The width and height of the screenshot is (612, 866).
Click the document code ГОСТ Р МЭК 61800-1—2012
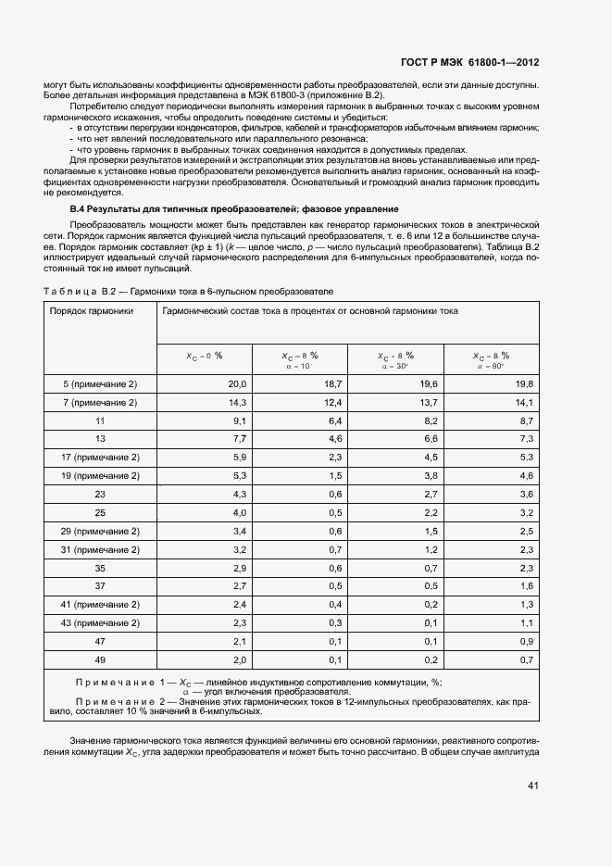[x=469, y=63]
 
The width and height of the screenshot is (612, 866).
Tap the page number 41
[x=531, y=785]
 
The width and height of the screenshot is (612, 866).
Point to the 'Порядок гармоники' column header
[x=92, y=312]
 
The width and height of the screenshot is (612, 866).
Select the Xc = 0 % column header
[x=205, y=356]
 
